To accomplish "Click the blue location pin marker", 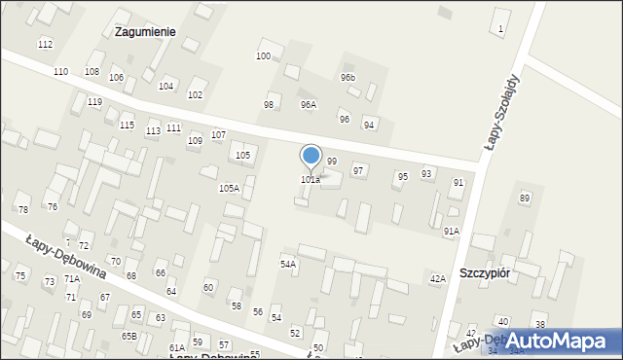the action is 311,158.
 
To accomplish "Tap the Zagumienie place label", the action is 145,31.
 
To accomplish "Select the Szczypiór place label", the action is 485,273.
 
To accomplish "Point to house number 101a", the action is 311,180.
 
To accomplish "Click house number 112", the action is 45,45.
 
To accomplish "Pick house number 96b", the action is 348,77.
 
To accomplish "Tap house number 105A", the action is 229,188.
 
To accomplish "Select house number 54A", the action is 288,264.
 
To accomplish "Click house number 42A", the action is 438,278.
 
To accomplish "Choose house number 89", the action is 525,198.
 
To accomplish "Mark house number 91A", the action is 451,231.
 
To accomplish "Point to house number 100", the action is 263,55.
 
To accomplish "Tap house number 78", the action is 23,210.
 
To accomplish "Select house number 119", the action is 94,102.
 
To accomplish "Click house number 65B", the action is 129,336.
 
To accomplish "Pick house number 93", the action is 426,173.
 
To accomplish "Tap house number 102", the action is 195,94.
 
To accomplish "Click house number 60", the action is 207,287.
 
